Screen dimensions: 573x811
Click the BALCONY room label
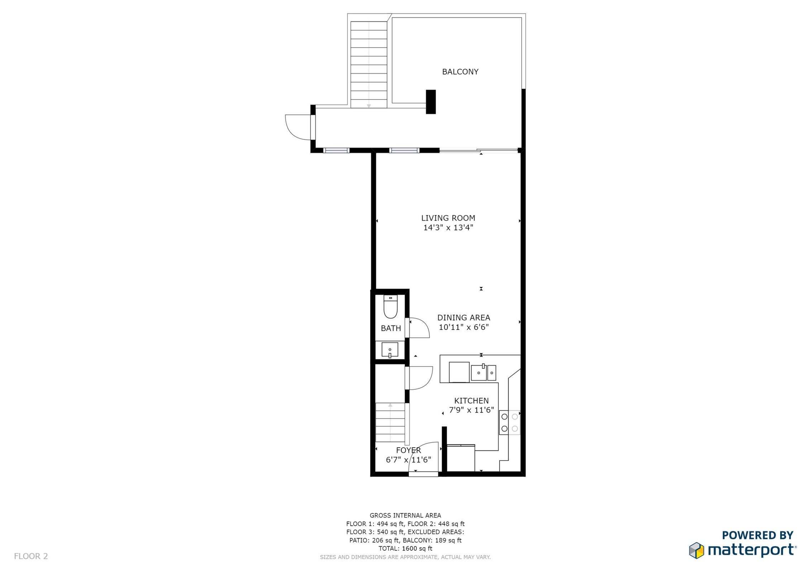pos(460,72)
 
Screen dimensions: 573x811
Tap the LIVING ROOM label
pos(448,218)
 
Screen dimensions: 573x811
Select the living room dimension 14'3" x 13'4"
pos(448,227)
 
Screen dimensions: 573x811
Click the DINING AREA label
pos(463,317)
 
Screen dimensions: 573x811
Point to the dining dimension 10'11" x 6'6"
pos(463,327)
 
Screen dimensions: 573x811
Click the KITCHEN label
pos(471,401)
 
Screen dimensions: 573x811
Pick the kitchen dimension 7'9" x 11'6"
pos(471,410)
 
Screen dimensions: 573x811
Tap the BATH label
pos(391,328)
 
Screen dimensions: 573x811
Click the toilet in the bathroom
pos(391,308)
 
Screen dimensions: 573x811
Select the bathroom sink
pos(390,350)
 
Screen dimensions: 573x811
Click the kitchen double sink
pos(483,373)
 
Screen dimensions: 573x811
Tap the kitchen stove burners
pos(509,422)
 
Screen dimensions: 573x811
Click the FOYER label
pos(408,450)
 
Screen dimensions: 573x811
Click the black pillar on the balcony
pos(430,102)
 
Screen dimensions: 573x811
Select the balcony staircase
pos(368,64)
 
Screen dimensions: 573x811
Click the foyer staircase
pos(390,422)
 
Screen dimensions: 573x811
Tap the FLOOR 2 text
pos(31,556)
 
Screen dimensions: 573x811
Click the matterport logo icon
pos(696,550)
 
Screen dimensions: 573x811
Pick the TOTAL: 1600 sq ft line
pos(405,548)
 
